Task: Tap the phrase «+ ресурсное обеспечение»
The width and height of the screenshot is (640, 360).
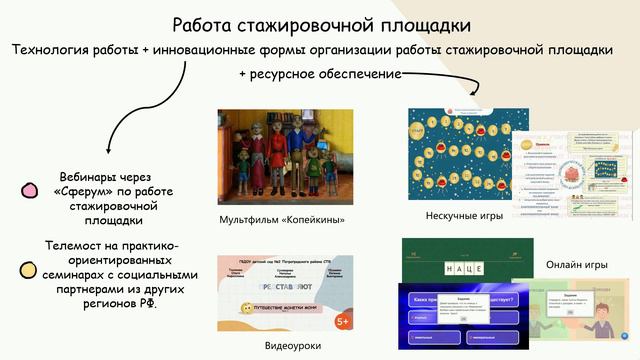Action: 319,74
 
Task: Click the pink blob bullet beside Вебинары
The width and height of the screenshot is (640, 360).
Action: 30,190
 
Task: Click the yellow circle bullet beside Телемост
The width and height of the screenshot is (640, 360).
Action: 30,269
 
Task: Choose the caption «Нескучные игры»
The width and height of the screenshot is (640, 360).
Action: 462,216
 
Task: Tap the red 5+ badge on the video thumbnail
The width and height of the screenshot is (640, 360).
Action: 342,321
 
